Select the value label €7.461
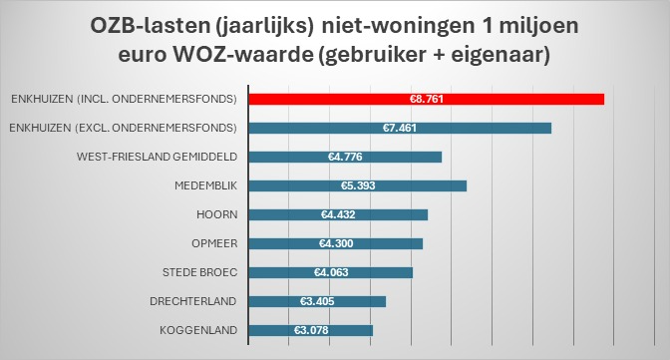pyautogui.click(x=399, y=128)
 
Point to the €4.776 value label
pyautogui.click(x=344, y=157)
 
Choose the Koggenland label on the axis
pyautogui.click(x=197, y=330)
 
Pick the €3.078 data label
pyautogui.click(x=311, y=330)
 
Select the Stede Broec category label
pyautogui.click(x=198, y=272)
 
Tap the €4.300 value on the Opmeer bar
pyautogui.click(x=335, y=243)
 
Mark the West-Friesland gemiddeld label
pyautogui.click(x=157, y=157)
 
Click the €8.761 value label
pyautogui.click(x=426, y=99)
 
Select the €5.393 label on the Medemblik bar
pyautogui.click(x=357, y=185)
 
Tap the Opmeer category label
pyautogui.click(x=212, y=243)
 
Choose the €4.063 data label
pyautogui.click(x=330, y=272)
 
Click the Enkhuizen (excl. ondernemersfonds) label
pyautogui.click(x=122, y=128)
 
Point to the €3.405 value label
pyautogui.click(x=316, y=301)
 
